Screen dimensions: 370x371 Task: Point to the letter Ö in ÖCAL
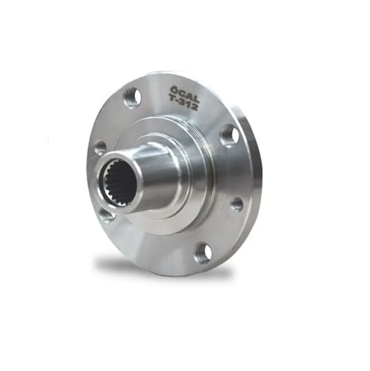(x=174, y=89)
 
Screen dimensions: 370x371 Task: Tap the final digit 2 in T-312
(x=194, y=106)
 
